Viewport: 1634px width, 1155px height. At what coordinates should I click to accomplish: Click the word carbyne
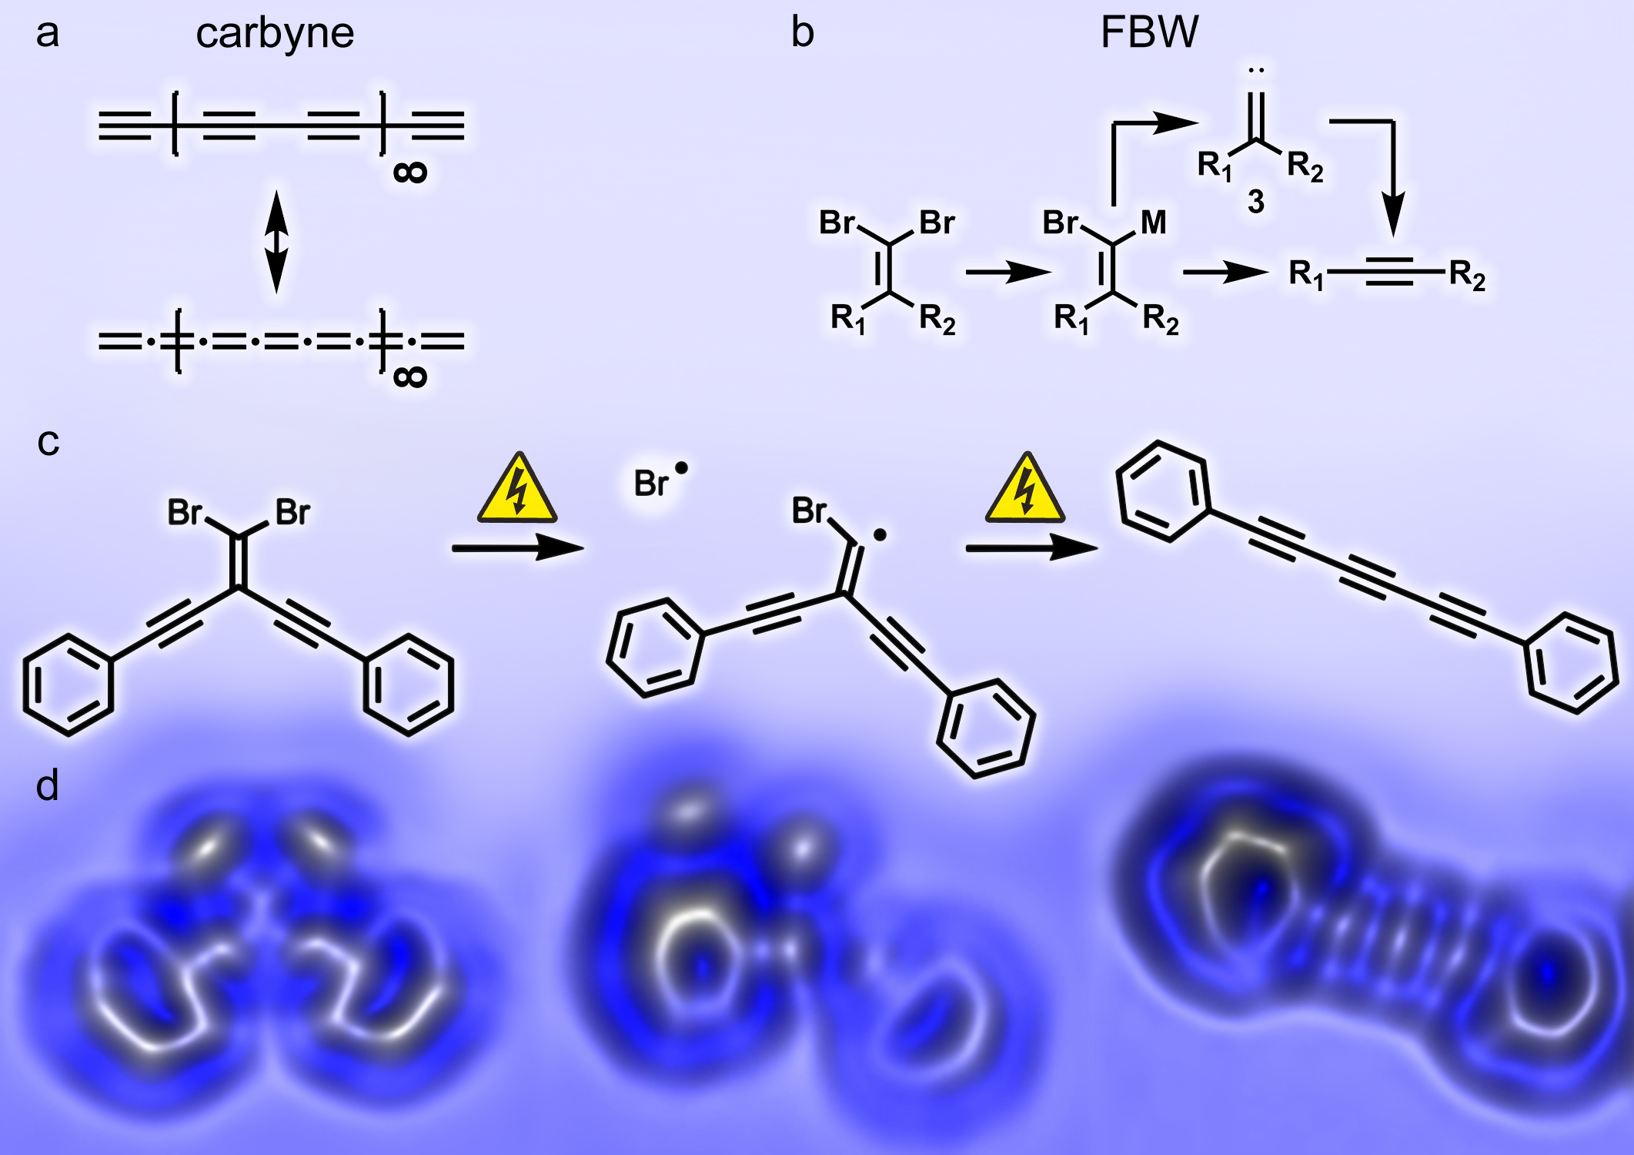tap(275, 34)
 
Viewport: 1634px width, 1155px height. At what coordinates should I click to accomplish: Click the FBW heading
tap(1149, 32)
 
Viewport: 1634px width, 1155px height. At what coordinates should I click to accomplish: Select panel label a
tap(48, 34)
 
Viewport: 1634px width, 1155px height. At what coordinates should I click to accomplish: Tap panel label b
tap(802, 32)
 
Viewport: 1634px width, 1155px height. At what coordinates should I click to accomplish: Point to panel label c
tap(48, 442)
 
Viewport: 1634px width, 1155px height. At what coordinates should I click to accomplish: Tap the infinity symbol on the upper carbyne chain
tap(409, 172)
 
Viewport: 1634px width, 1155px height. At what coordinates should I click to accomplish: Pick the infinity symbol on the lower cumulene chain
tap(409, 377)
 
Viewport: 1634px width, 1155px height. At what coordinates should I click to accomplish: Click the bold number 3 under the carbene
tap(1255, 202)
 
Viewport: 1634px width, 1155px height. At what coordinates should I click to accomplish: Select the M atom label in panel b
tap(1153, 223)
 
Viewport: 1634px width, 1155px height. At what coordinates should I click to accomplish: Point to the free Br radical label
tap(653, 483)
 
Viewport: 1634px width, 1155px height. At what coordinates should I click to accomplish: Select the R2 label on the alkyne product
tap(1467, 275)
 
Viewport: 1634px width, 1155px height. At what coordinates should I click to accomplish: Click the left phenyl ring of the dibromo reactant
tap(69, 685)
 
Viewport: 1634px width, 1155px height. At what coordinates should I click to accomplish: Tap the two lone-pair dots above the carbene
tap(1256, 71)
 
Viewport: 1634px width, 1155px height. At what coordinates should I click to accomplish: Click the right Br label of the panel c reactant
tap(292, 512)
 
